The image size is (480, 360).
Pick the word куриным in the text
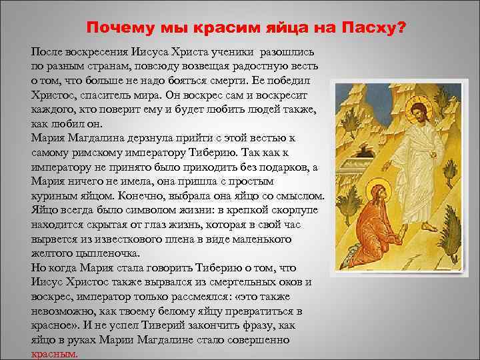click(x=55, y=197)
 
